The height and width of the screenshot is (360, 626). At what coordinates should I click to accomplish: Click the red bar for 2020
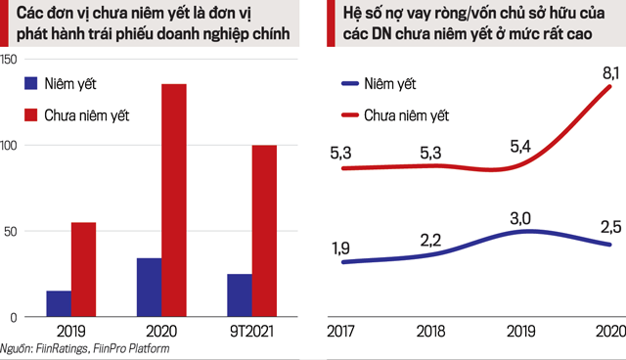tap(174, 201)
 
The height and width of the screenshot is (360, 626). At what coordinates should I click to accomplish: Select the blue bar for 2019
tap(58, 304)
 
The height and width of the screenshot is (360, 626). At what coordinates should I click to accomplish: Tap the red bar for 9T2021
tap(264, 231)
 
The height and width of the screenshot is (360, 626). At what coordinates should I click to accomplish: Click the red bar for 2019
tap(84, 270)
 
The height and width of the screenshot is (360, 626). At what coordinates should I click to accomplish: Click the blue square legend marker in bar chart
tap(29, 84)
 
